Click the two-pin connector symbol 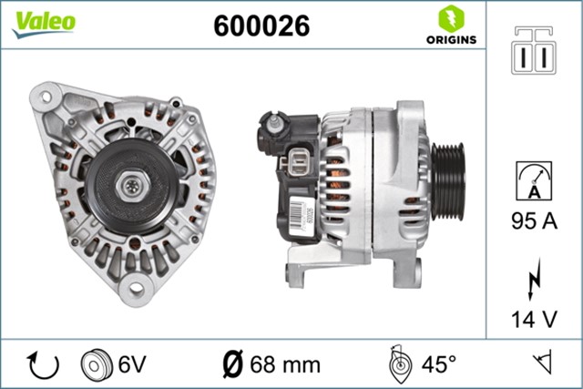click(x=535, y=53)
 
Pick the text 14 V click(x=534, y=320)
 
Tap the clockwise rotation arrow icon click(x=44, y=364)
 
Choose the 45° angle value click(x=438, y=364)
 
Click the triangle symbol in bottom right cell click(x=545, y=364)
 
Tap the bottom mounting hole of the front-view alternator click(x=137, y=290)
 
